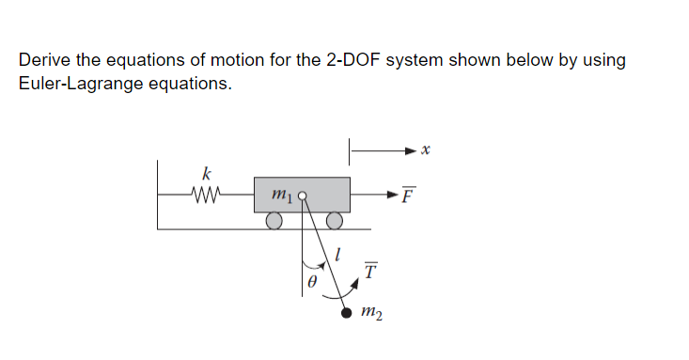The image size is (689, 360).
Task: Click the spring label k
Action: [207, 173]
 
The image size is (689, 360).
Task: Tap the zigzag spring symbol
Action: [205, 196]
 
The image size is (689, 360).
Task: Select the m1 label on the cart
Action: [282, 196]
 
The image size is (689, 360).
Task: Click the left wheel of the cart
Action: [274, 221]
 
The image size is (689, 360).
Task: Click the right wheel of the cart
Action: [335, 221]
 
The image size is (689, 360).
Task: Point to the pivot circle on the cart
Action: [303, 196]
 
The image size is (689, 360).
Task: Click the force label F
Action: [406, 197]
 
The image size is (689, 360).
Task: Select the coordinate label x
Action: [425, 149]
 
